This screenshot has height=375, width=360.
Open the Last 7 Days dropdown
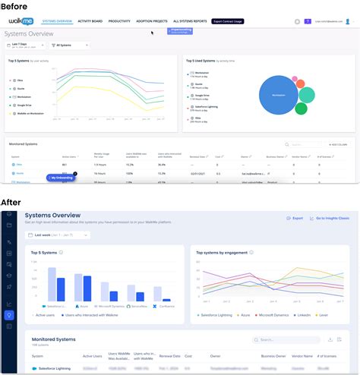point(27,46)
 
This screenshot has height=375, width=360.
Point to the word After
point(14,202)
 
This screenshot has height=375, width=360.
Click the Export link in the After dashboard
point(294,218)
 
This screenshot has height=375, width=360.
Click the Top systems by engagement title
point(224,254)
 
